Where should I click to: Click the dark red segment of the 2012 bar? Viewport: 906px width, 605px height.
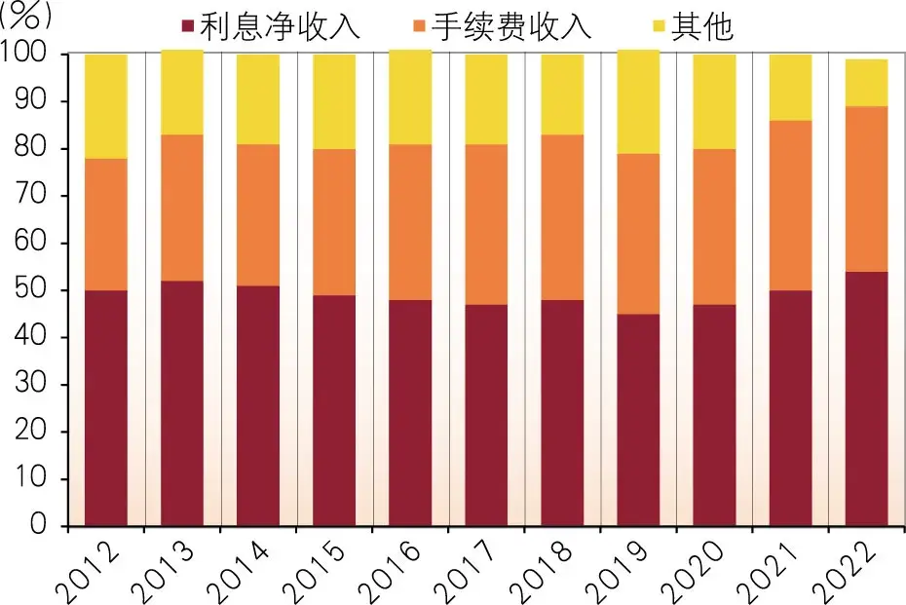106,408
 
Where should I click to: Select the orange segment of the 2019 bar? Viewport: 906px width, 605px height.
638,234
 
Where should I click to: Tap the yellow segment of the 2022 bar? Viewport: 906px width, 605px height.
866,83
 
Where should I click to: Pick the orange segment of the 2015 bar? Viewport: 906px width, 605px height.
334,221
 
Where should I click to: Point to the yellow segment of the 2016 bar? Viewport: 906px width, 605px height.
410,97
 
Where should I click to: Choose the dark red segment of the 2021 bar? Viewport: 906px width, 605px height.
790,408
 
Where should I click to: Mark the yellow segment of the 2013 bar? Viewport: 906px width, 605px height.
182,93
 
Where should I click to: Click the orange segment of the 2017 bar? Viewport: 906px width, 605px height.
486,224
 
